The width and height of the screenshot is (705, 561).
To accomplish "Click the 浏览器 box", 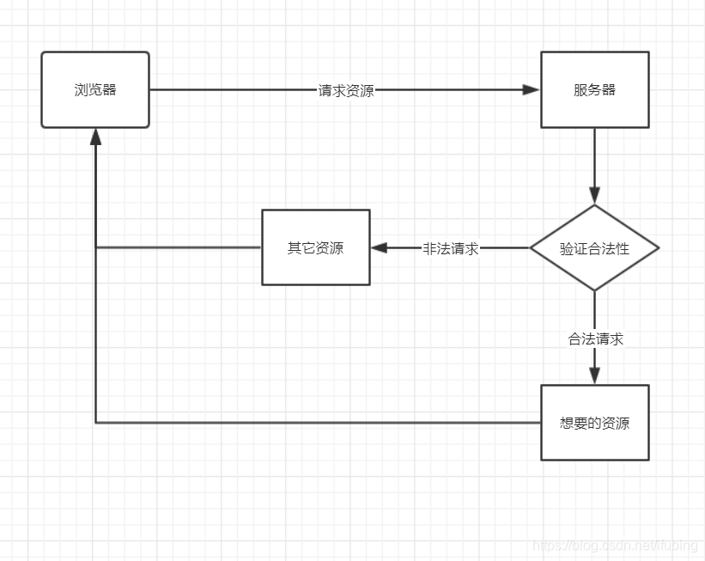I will point(95,89).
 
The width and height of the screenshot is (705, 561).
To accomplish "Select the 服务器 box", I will point(594,89).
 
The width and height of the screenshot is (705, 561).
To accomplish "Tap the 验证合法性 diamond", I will point(594,248).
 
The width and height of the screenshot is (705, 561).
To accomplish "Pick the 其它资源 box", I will point(315,247).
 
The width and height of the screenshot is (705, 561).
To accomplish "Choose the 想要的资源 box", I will point(594,423).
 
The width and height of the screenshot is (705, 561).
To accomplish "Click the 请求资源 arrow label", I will point(346,90).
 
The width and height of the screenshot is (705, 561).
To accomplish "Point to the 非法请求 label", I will point(450,248).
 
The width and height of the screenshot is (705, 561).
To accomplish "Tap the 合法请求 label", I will point(595,338).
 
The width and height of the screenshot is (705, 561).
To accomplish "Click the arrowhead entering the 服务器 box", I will point(532,89).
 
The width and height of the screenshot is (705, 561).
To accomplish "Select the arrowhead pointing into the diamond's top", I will point(594,196).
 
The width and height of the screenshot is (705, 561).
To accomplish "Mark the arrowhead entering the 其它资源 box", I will point(379,247).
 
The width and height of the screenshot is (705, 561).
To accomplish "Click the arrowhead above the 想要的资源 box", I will point(594,375).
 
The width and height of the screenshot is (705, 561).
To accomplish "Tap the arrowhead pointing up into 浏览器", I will point(95,136).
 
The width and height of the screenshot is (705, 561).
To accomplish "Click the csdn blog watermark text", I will point(614,546).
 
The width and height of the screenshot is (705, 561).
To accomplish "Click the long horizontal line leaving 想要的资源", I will point(318,423).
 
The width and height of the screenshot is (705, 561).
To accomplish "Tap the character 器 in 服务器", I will point(609,89).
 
